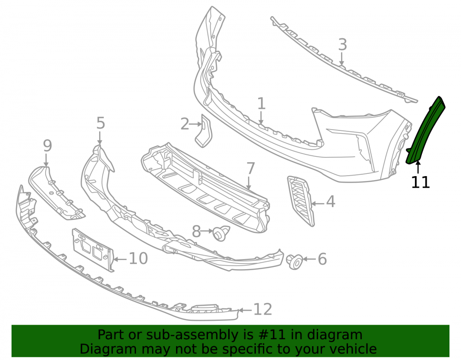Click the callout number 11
click(x=420, y=182)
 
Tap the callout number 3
click(x=343, y=45)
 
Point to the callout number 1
click(x=261, y=104)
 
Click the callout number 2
click(x=185, y=124)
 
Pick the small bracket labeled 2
click(x=203, y=131)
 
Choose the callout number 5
click(x=100, y=123)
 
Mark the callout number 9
click(x=47, y=146)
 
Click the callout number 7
click(x=250, y=168)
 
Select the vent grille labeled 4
click(x=301, y=201)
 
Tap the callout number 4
click(x=331, y=201)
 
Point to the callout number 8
click(x=196, y=231)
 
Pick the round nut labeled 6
click(x=295, y=261)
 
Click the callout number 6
click(x=323, y=259)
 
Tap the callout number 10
click(x=138, y=259)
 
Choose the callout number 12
click(x=263, y=309)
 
